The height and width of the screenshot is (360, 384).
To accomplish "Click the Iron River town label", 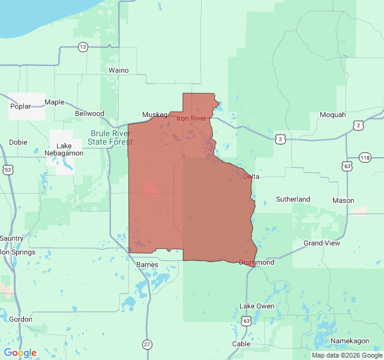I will pyautogui.click(x=191, y=118).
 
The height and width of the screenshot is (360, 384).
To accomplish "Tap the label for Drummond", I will pyautogui.click(x=256, y=262).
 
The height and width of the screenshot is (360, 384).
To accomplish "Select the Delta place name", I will pyautogui.click(x=251, y=176).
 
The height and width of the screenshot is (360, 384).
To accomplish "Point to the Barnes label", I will pyautogui.click(x=147, y=264).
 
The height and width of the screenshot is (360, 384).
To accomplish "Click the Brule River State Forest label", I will pyautogui.click(x=110, y=137).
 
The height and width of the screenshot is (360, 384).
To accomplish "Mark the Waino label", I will pyautogui.click(x=118, y=70).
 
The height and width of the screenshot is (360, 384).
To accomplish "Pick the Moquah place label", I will pyautogui.click(x=332, y=115).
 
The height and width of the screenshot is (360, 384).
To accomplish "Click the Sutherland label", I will pyautogui.click(x=293, y=199).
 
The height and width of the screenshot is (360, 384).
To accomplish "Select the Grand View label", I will pyautogui.click(x=322, y=243).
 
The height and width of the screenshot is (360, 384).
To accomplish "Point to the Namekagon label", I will pyautogui.click(x=350, y=341).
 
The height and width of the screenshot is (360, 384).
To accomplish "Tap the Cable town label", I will pyautogui.click(x=241, y=344).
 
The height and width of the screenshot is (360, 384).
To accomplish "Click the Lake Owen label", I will pyautogui.click(x=257, y=306).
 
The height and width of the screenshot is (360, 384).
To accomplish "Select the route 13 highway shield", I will pyautogui.click(x=83, y=47).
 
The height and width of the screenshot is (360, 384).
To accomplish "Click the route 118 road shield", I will pyautogui.click(x=365, y=157).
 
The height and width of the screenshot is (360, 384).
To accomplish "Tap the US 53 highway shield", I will pyautogui.click(x=8, y=170).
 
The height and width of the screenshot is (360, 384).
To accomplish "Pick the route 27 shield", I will pyautogui.click(x=147, y=344).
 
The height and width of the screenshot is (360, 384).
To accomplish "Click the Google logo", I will pyautogui.click(x=20, y=353).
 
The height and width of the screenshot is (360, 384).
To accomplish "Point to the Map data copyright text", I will pyautogui.click(x=346, y=355).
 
